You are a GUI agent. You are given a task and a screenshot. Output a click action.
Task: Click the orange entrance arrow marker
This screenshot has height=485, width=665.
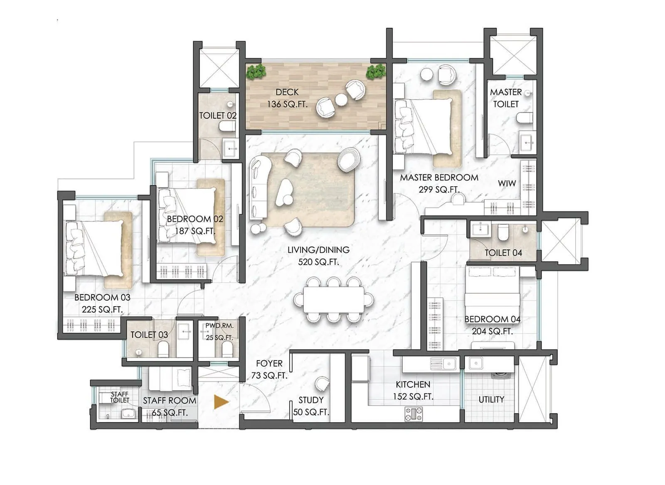(x=221, y=402)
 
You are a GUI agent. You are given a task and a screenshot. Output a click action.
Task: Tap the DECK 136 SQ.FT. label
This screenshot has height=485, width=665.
(x=287, y=98)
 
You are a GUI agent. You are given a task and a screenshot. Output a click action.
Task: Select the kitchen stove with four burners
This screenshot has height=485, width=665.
(x=414, y=414)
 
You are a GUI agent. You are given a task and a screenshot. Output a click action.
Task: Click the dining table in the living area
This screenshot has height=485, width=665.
(x=333, y=299)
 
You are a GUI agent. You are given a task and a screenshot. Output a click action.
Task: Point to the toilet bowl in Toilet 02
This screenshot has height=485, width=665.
(x=227, y=126)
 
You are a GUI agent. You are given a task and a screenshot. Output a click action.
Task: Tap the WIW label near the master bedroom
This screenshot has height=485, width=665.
(x=507, y=183)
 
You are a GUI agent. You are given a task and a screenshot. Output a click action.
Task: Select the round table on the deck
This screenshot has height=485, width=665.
(x=341, y=99)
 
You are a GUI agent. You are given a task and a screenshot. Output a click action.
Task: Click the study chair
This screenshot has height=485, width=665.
(x=322, y=383)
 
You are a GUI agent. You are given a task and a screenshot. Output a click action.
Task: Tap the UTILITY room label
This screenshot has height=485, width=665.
(x=491, y=400)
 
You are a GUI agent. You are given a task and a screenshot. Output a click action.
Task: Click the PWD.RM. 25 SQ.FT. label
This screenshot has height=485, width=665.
(x=219, y=332)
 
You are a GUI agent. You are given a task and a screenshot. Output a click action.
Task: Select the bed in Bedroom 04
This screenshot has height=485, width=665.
(x=493, y=291)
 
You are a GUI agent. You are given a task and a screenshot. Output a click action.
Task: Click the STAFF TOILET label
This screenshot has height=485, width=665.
(x=120, y=397)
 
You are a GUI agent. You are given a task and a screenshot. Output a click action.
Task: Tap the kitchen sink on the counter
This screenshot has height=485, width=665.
(x=443, y=364)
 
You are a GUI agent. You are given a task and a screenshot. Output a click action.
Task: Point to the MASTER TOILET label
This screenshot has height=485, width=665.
(x=506, y=98)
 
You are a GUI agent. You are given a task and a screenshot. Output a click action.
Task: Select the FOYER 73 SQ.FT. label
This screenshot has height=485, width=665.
(x=269, y=369)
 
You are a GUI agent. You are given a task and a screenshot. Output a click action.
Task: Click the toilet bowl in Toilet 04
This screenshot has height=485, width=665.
(x=503, y=233)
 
